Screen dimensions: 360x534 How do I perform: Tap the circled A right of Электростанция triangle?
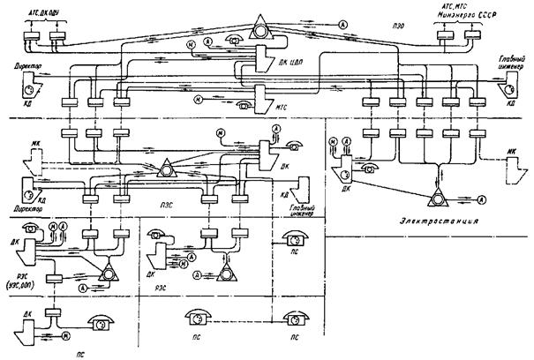(466, 200)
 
